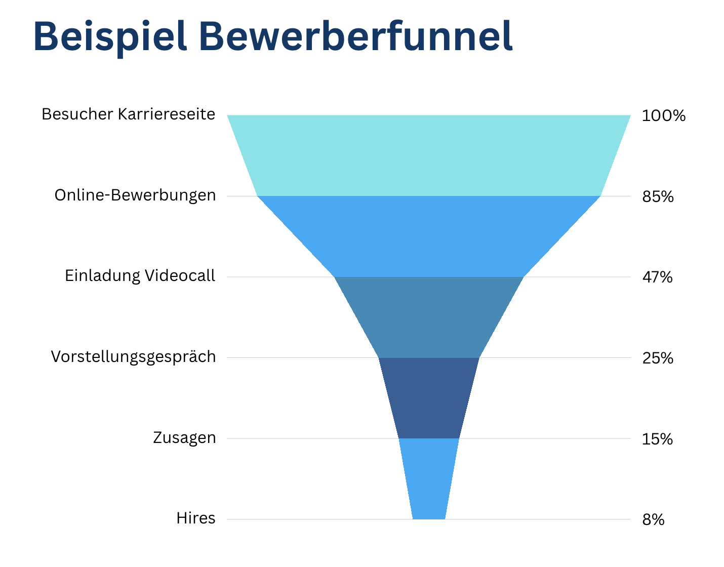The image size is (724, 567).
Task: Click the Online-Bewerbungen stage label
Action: (x=135, y=195)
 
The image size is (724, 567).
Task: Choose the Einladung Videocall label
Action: (x=140, y=276)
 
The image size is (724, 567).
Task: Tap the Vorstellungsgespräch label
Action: (x=134, y=357)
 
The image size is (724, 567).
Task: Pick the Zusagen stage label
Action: (x=184, y=438)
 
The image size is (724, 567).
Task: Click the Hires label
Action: (x=196, y=518)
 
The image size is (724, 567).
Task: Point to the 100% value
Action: (x=663, y=116)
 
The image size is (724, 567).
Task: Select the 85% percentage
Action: (x=658, y=196)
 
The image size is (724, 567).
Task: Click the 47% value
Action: (x=657, y=277)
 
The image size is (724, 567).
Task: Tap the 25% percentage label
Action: (x=658, y=358)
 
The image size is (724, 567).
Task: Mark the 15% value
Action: (x=657, y=439)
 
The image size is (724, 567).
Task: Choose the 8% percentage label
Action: (x=653, y=520)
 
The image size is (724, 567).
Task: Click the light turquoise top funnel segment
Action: (x=429, y=155)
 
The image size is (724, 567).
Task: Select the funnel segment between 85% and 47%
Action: (x=429, y=236)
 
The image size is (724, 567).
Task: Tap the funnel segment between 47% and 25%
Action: (x=429, y=317)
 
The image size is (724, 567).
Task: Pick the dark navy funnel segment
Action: (x=429, y=398)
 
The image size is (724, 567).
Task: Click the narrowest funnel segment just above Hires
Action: (x=429, y=478)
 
